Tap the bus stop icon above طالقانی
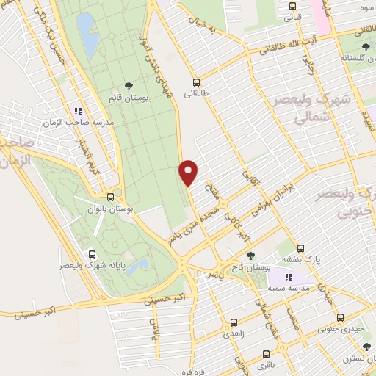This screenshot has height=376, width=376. click(196, 82)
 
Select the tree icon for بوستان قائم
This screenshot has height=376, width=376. click(129, 86)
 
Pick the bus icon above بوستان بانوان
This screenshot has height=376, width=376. click(110, 197)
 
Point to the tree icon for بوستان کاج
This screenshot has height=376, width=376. click(252, 256)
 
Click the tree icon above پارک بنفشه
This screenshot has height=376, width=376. click(300, 247)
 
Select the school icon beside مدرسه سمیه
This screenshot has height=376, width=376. click(289, 277)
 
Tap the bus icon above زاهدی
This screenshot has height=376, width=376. click(234, 322)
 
